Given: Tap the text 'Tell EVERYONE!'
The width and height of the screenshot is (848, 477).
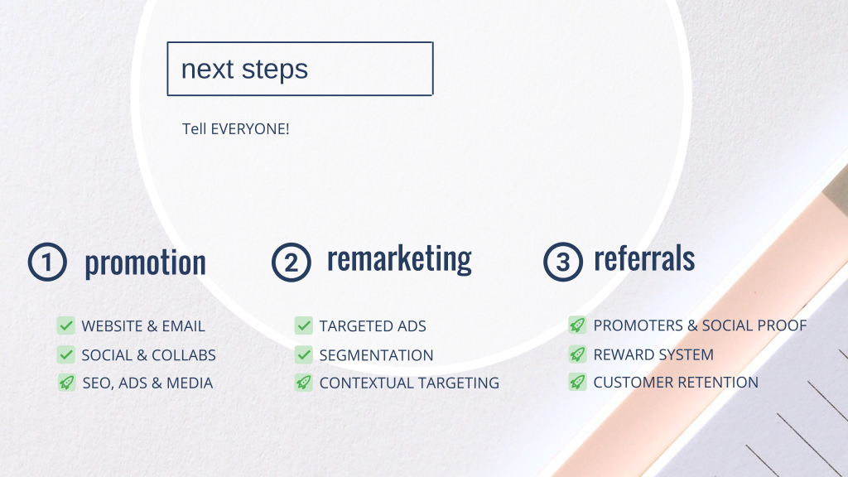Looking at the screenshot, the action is (236, 129).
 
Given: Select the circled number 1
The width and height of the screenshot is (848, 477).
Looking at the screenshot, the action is (47, 263).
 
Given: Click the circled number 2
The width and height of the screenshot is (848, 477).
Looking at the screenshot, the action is (291, 263).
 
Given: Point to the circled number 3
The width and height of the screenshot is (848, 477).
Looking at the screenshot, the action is (563, 262).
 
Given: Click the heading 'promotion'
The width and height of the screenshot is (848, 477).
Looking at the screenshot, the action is (146, 263).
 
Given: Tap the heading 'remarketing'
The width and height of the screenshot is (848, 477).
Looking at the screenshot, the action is (400, 259).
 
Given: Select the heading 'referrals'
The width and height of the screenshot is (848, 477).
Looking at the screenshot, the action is (644, 258).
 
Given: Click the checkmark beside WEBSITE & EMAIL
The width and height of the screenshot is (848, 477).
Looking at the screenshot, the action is (66, 325).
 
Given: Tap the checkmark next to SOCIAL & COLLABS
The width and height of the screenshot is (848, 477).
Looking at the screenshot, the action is (66, 354).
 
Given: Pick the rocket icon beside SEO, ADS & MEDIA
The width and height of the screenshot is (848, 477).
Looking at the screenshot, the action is (66, 383).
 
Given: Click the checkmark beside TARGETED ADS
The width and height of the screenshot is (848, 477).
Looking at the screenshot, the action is (304, 325).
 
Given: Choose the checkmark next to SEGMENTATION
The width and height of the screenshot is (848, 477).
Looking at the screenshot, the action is (304, 354).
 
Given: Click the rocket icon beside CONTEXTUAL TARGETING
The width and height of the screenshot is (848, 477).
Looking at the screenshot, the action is (304, 383).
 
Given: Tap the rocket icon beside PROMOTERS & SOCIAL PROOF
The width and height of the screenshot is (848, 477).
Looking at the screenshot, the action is (577, 325).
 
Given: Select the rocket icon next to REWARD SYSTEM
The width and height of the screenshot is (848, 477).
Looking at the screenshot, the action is (577, 354).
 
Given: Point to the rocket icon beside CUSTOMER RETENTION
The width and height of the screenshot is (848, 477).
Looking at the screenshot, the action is (577, 382).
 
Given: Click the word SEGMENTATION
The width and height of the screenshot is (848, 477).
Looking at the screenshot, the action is (377, 355).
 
